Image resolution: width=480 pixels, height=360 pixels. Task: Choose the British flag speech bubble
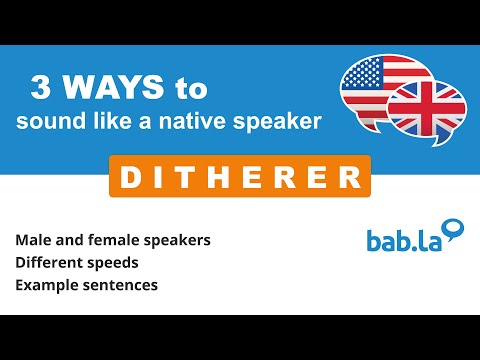point(427,107)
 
